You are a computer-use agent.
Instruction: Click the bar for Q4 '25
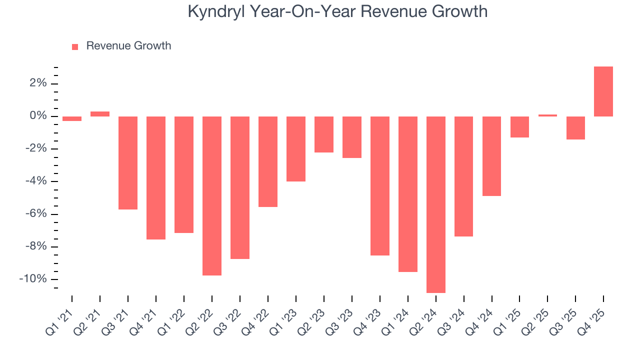click(x=603, y=91)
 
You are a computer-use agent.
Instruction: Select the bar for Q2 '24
click(x=435, y=204)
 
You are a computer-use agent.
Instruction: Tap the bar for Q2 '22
click(x=211, y=196)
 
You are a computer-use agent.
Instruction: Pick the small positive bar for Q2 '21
click(x=100, y=114)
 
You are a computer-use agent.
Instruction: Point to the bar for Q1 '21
click(x=72, y=119)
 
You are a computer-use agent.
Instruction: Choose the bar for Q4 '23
click(x=379, y=186)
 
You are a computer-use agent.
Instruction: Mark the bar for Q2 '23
click(x=323, y=134)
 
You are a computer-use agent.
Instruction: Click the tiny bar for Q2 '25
click(x=547, y=115)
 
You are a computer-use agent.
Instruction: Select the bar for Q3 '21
click(x=128, y=163)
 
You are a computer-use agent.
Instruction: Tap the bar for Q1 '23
click(x=295, y=149)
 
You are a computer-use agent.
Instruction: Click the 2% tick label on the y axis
click(x=37, y=83)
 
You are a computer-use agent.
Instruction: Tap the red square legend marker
click(x=75, y=46)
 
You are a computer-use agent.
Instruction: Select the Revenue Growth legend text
click(x=128, y=46)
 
